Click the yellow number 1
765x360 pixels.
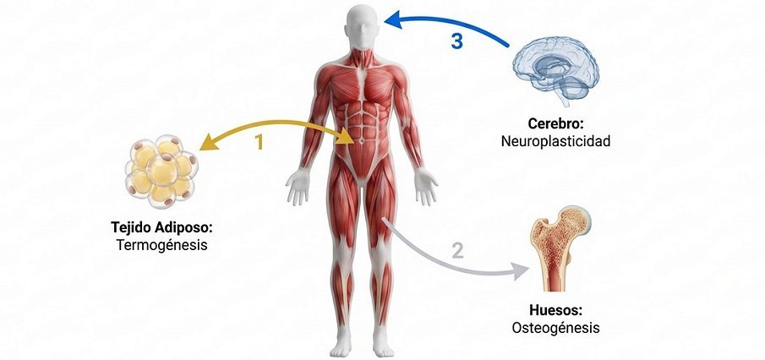259,141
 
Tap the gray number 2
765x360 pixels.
457,251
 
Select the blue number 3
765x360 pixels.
456,41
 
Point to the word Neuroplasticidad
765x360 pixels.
555,141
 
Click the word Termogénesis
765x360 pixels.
162,244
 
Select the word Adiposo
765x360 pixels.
186,227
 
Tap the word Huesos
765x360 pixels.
555,310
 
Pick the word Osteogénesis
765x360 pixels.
555,328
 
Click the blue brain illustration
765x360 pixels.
555,71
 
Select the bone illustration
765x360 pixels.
560,248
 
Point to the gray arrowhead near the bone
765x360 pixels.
521,270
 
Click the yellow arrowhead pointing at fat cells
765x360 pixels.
209,143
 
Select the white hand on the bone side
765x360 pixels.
425,187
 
